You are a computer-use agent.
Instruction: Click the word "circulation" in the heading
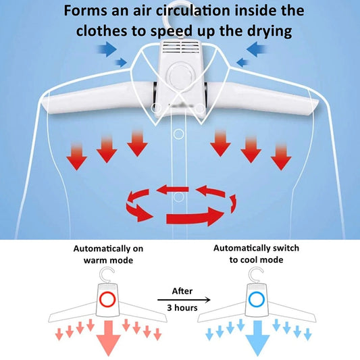coord(193,10)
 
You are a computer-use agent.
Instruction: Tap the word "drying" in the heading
coord(269,32)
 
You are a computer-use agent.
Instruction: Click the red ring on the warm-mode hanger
coord(107,299)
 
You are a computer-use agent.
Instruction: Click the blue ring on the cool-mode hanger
coord(257,299)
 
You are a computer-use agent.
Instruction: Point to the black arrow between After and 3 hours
coord(184,300)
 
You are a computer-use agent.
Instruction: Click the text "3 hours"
coord(182,308)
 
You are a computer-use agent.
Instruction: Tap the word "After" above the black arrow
coord(182,291)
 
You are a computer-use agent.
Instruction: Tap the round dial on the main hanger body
coord(180,75)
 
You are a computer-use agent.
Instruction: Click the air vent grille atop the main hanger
coord(180,47)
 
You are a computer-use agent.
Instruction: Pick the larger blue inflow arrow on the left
coord(107,49)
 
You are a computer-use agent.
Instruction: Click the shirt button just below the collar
coord(178,134)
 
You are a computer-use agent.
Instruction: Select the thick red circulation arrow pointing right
coord(195,216)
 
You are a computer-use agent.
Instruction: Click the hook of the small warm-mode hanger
coord(107,274)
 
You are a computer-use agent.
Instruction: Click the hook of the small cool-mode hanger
coord(256,274)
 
